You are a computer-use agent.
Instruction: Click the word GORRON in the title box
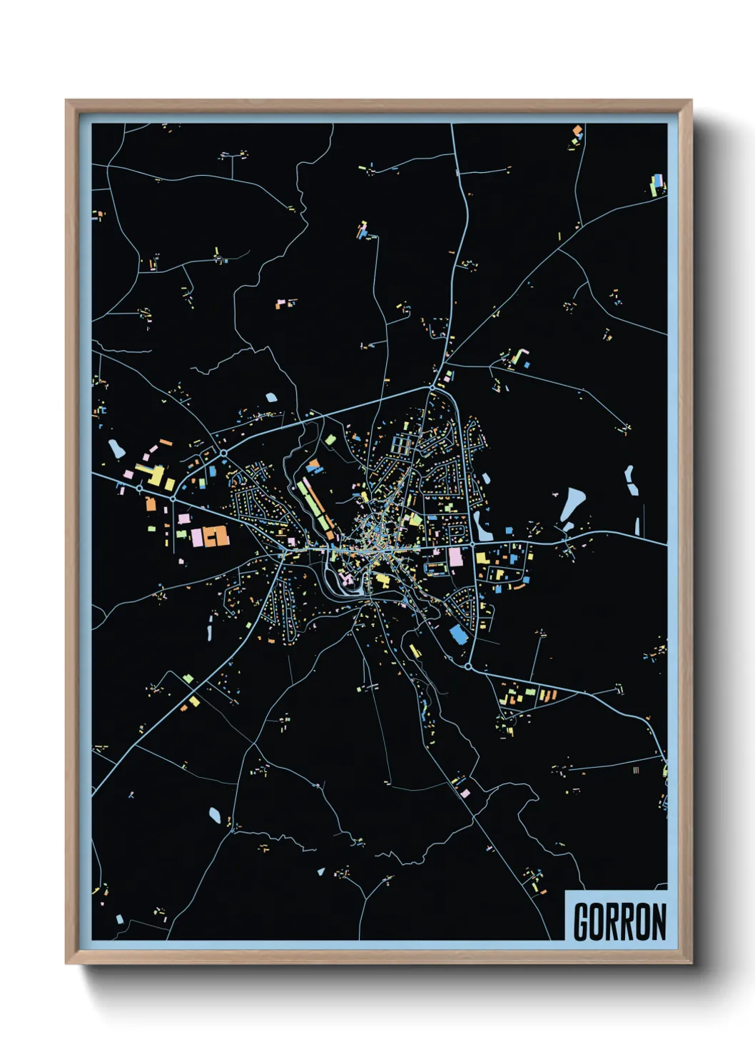click(619, 921)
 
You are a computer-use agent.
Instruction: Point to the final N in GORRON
click(658, 922)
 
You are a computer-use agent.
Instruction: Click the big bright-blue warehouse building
click(458, 634)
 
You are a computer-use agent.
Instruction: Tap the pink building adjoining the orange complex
click(196, 537)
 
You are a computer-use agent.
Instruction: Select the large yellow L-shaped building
click(154, 475)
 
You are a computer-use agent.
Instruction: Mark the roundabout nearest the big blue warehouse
click(468, 666)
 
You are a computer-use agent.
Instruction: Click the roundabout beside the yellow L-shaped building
click(139, 489)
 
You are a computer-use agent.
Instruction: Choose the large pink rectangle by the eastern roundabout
click(455, 556)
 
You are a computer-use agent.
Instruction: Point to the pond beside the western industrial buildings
click(116, 449)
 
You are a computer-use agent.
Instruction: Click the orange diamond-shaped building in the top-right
click(577, 131)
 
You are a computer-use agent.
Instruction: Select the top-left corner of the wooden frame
click(66, 101)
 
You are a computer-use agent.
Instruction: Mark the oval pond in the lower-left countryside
click(214, 814)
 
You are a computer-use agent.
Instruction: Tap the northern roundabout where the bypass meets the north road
click(432, 388)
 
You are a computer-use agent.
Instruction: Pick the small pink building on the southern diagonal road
click(465, 793)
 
